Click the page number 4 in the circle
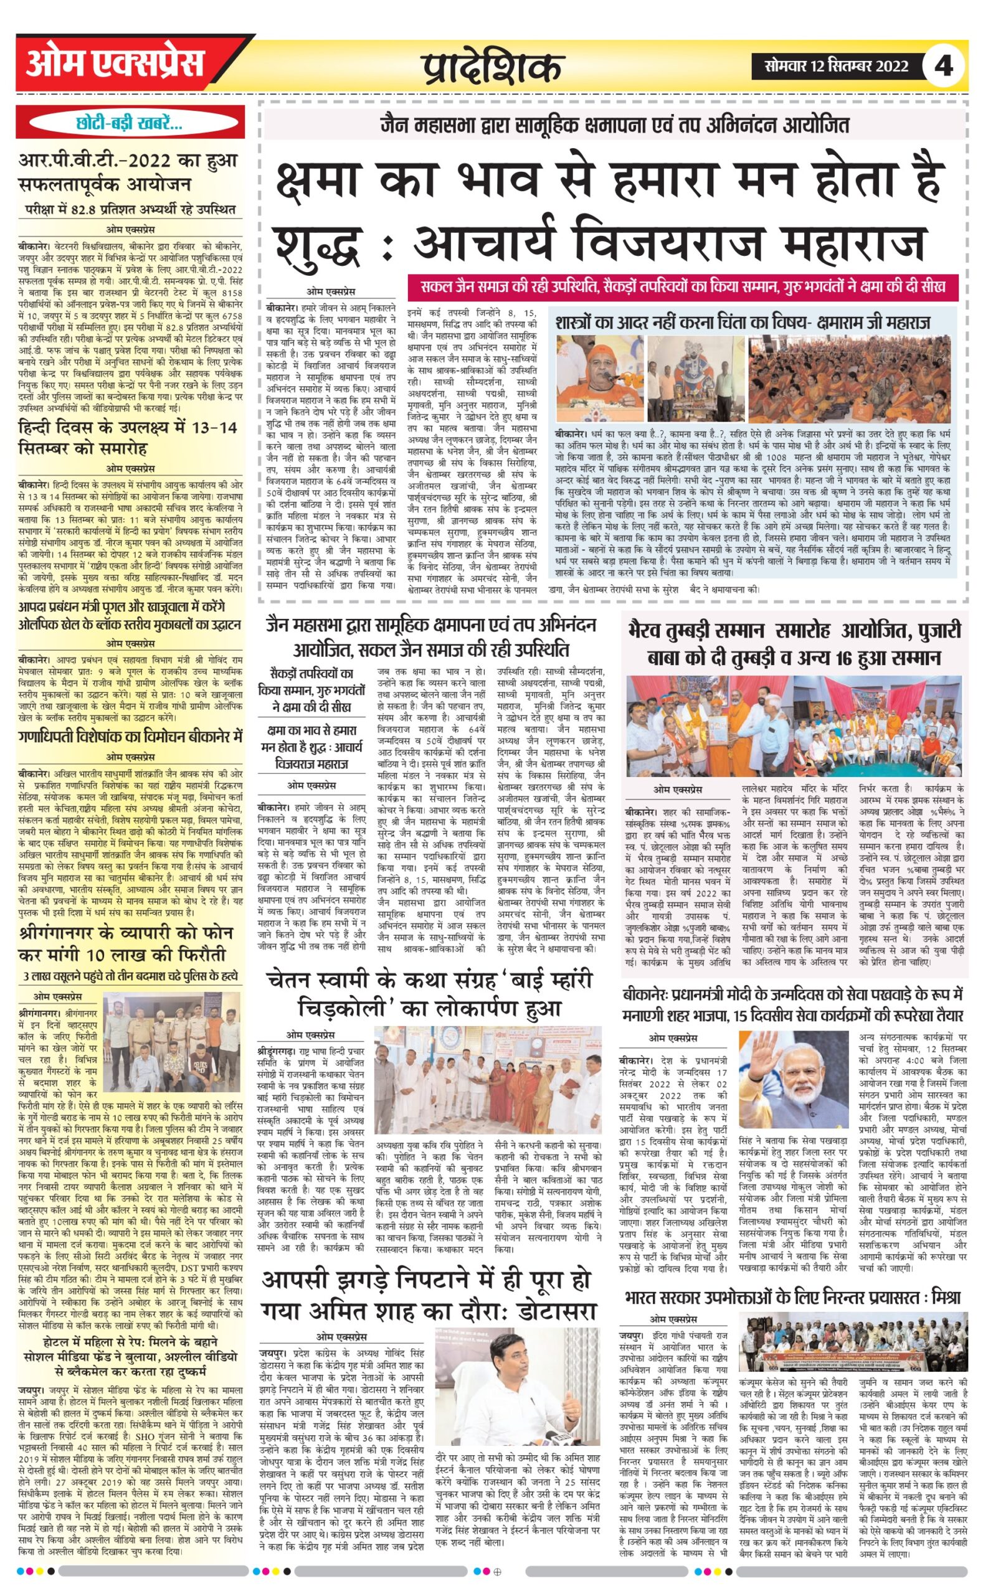944,66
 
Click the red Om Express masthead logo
115,64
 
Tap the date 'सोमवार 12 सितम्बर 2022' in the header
838,65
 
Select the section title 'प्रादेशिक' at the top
492,67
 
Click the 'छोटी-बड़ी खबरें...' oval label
130,123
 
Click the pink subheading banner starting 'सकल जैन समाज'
682,286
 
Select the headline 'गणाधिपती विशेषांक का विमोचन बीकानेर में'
130,738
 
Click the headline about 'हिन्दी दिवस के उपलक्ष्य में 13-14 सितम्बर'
128,438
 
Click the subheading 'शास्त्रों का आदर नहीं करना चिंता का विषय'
743,322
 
